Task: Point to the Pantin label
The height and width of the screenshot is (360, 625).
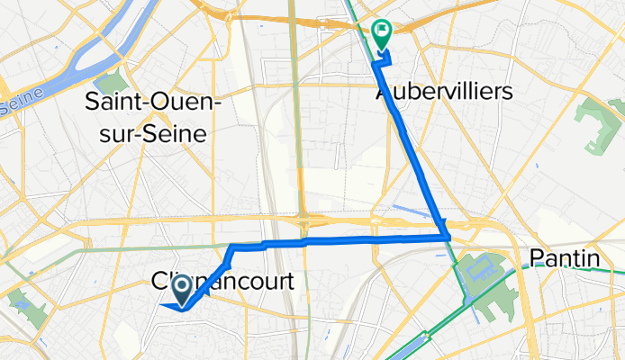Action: coord(565,259)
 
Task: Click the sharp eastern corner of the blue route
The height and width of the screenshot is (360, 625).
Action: coord(448,237)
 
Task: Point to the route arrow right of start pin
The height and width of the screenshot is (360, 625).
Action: coord(204,291)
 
